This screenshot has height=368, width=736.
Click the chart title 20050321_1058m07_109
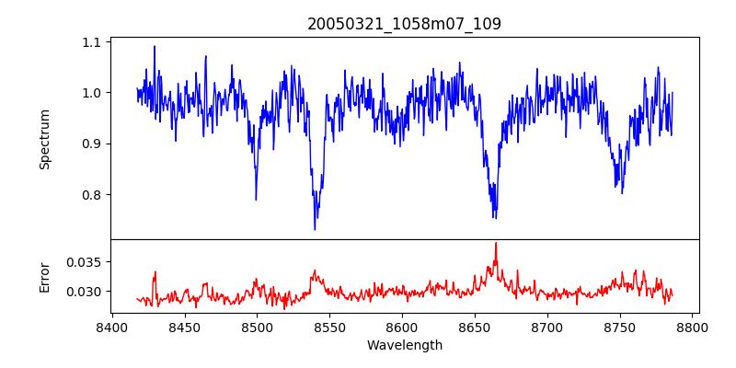pos(404,24)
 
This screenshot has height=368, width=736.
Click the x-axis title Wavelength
pos(404,346)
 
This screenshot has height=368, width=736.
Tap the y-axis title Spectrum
pos(44,139)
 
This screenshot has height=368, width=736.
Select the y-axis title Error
pos(44,277)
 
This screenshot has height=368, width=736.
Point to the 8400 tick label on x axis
pos(111,327)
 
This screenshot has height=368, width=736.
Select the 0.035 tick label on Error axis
pos(86,262)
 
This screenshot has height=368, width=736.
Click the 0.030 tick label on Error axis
pos(86,292)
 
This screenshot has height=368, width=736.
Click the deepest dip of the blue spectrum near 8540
pos(315,229)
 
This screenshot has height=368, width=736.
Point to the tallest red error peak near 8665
pos(495,243)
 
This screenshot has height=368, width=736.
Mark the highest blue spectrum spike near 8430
pos(155,46)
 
